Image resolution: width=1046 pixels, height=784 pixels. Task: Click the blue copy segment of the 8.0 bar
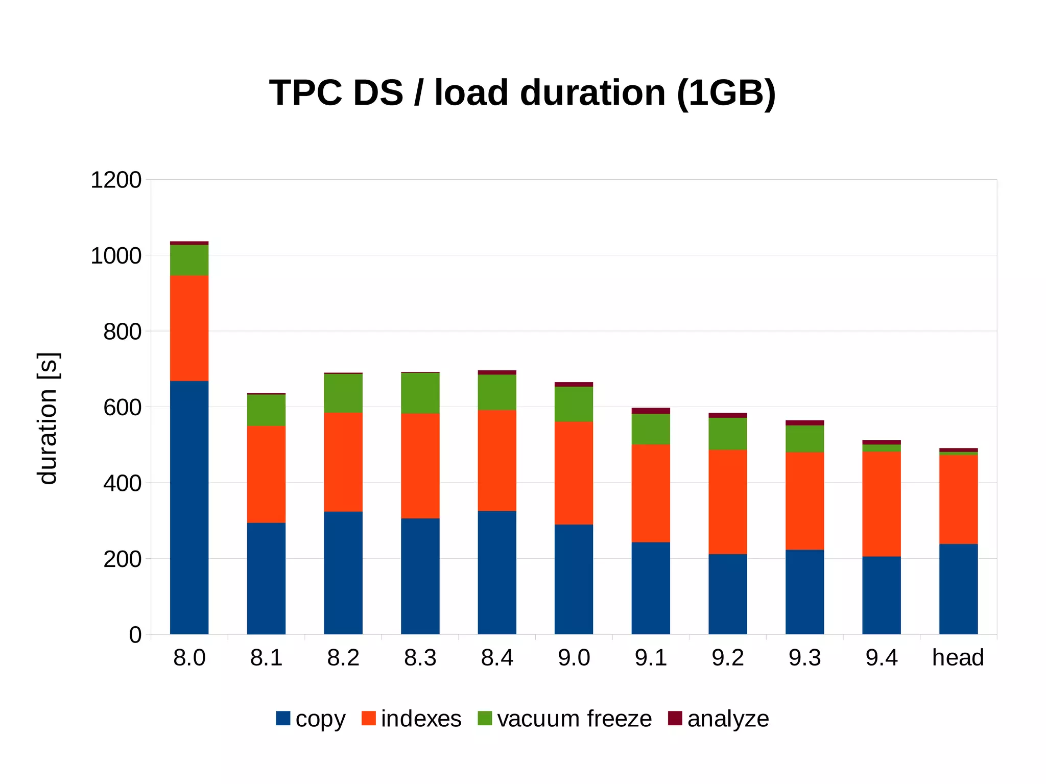tap(189, 507)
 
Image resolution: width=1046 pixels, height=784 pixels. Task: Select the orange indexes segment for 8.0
tap(189, 328)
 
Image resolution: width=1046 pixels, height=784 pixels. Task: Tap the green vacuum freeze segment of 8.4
tap(497, 392)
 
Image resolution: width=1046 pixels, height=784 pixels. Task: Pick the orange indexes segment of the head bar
tap(958, 499)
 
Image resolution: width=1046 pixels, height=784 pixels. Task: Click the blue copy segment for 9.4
tap(881, 595)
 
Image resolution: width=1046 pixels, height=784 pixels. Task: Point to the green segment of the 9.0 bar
tap(574, 403)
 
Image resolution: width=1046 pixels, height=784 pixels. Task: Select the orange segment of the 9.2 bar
tap(727, 502)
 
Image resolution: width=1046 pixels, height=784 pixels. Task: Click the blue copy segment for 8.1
tap(266, 578)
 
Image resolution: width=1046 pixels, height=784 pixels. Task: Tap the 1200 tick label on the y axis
tap(116, 180)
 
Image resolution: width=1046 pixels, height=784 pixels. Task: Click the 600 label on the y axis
tap(122, 408)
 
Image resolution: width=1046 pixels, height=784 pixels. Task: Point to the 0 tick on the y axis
tap(135, 635)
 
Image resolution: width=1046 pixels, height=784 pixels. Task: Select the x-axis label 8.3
tap(420, 658)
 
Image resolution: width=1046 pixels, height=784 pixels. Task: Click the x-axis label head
tap(958, 658)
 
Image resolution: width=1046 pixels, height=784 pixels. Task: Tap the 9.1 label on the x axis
tap(651, 658)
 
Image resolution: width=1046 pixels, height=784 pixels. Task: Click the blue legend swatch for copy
tap(283, 718)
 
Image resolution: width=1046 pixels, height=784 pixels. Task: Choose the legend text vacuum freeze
tap(574, 719)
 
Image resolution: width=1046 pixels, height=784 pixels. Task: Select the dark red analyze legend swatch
tap(675, 718)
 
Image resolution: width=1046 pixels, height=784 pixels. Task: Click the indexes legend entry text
tap(421, 719)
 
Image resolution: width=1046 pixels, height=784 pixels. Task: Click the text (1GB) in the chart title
tap(726, 93)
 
